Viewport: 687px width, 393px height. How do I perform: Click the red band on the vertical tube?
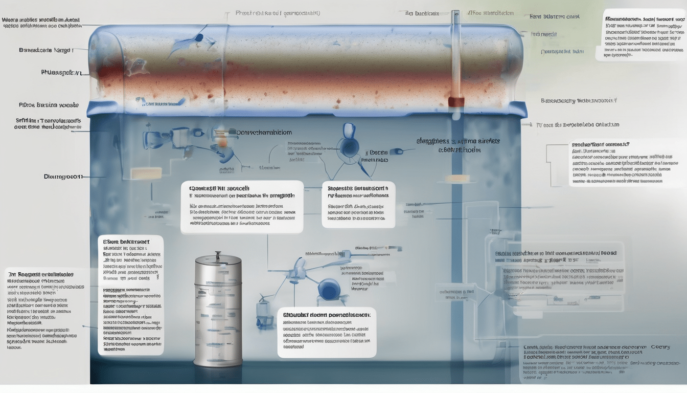456,102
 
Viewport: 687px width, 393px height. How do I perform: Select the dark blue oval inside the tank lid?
199,37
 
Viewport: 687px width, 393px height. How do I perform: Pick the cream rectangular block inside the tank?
146,173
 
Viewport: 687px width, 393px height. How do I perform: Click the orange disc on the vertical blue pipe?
457,179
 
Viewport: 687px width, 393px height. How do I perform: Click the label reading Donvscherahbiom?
264,132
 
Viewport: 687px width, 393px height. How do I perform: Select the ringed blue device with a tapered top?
350,138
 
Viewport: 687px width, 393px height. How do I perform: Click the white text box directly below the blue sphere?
327,332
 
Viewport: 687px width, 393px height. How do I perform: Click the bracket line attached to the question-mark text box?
549,159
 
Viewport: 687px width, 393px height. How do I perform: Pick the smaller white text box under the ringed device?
358,204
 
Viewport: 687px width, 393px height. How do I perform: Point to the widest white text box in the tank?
242,207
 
